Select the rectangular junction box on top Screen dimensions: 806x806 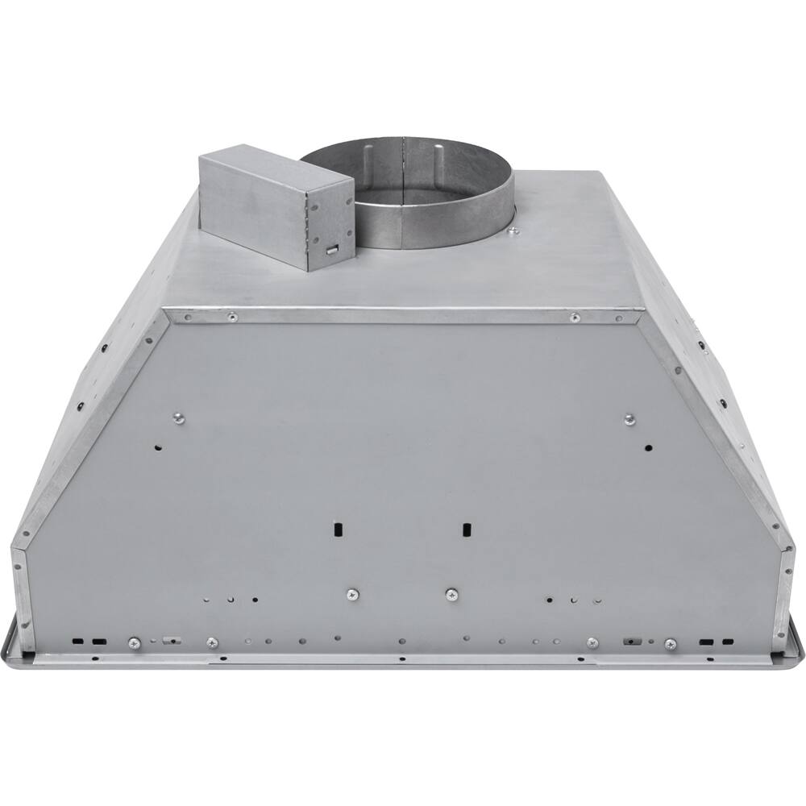coord(274,206)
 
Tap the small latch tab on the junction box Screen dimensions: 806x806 coord(330,249)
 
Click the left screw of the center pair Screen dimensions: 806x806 coord(351,594)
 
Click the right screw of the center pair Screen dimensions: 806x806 coord(451,594)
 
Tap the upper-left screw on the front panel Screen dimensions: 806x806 coord(178,418)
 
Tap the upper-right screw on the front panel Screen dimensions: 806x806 coord(629,418)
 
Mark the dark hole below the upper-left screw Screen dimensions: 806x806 coord(158,447)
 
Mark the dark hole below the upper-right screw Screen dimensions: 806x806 coord(648,447)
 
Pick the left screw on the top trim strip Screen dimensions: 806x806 coord(232,317)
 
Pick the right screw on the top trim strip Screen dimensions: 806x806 coord(574,317)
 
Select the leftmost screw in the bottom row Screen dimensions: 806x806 coord(135,643)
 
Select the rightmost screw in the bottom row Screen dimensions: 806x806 coord(671,643)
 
